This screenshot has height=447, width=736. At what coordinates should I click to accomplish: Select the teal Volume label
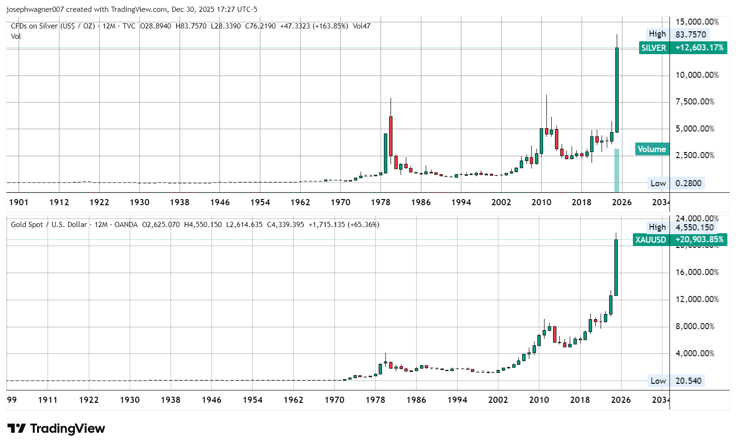tap(651, 149)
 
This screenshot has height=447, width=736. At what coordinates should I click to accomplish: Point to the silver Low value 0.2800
tap(688, 183)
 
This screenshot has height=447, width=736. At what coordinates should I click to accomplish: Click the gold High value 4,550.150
tap(694, 228)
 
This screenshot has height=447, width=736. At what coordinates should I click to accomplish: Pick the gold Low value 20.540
tap(688, 381)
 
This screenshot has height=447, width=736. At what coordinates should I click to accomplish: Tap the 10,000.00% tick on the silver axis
tap(697, 75)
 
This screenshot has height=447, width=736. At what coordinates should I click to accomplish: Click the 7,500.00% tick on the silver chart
tap(695, 102)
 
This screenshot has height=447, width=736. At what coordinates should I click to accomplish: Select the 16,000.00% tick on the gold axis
tap(697, 272)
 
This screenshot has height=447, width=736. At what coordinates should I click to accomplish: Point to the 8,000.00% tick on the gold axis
tap(695, 326)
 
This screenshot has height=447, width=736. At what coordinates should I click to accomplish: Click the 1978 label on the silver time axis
tap(381, 202)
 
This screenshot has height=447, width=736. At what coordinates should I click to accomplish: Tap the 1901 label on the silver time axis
tap(19, 202)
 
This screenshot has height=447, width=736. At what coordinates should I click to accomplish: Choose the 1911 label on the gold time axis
tap(48, 400)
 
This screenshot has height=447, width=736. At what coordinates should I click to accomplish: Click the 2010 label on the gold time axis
tap(539, 400)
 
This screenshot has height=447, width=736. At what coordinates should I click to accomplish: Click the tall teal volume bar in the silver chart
tap(617, 170)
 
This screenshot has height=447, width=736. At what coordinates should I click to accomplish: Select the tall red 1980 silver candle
tap(391, 136)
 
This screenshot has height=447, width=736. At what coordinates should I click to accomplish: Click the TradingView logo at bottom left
tap(56, 428)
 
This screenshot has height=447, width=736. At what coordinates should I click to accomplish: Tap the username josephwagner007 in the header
tap(35, 10)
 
